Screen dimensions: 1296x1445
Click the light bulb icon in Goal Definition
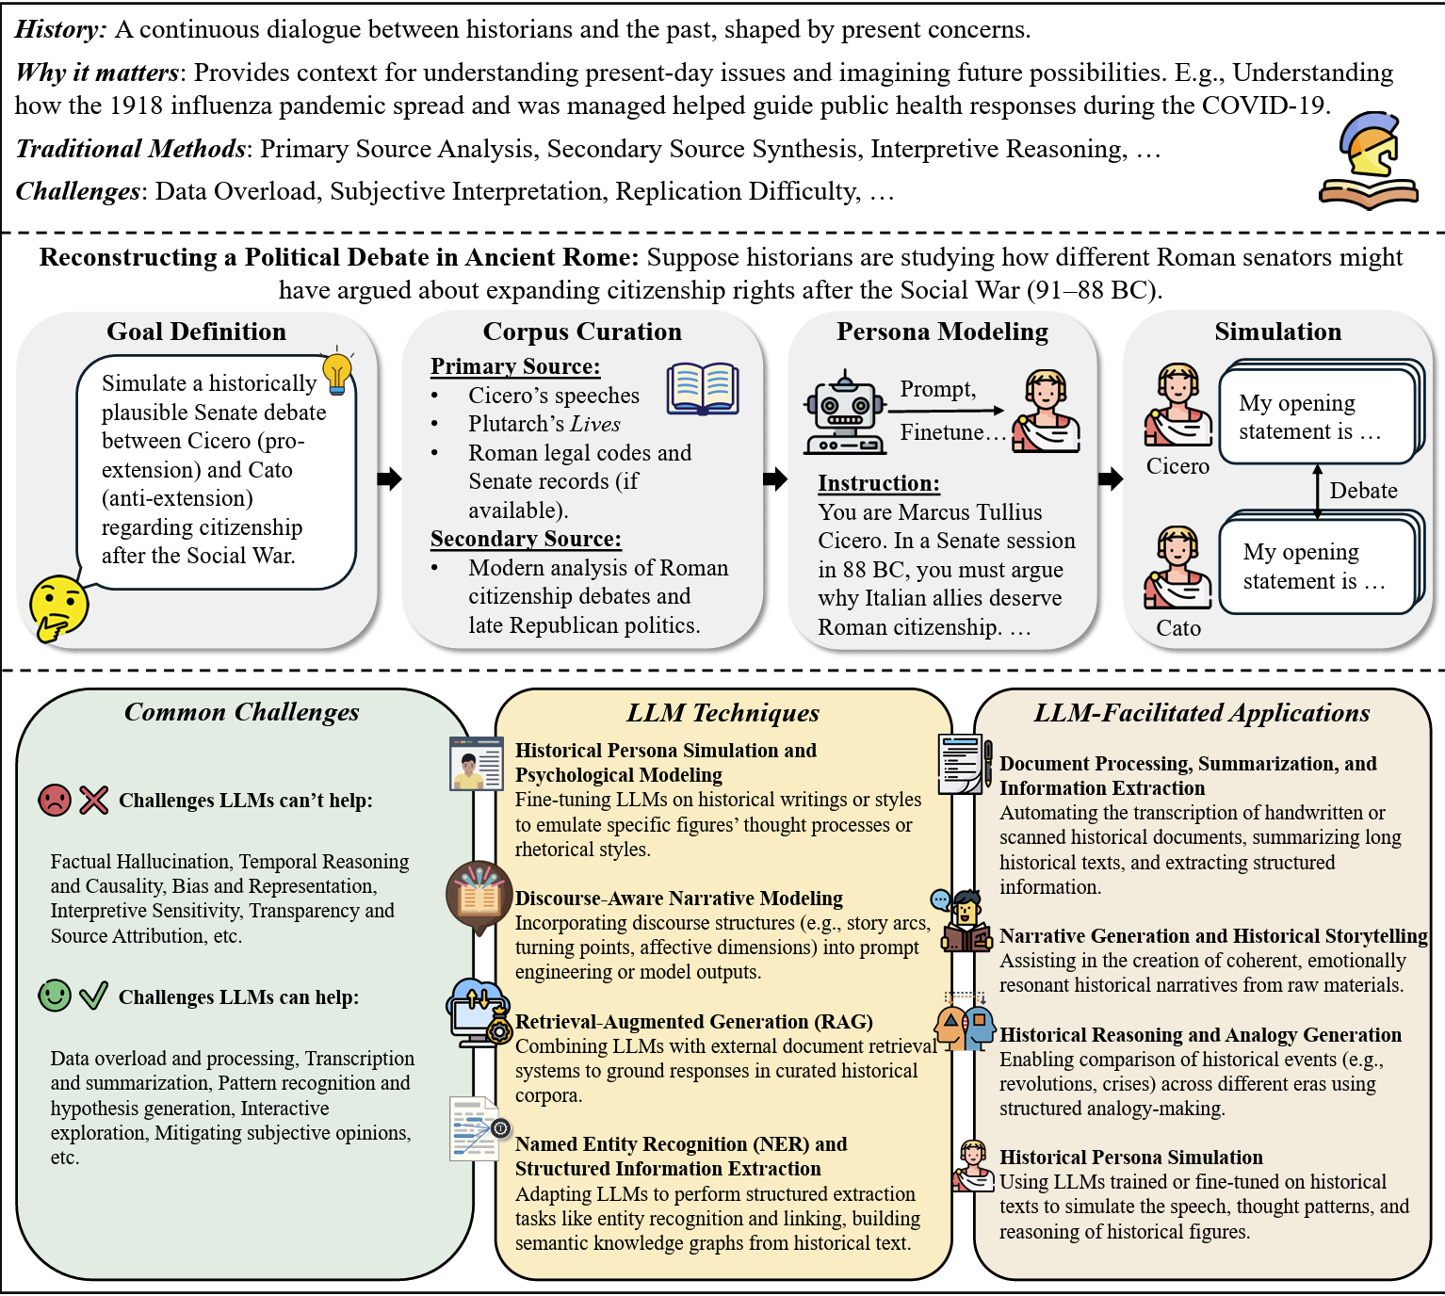coord(336,373)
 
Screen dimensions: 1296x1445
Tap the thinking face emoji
coord(58,607)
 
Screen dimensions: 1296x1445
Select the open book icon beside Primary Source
coord(703,389)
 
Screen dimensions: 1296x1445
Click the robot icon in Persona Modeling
coord(844,413)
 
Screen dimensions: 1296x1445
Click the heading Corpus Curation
coord(582,332)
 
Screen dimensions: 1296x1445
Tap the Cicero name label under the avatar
coord(1177,466)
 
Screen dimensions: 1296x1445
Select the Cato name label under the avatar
coord(1178,628)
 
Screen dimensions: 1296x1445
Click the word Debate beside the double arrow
coord(1363,491)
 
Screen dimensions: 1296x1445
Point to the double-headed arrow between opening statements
coord(1317,491)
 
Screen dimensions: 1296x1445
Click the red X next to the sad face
coord(93,801)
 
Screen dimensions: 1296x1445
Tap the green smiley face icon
coord(55,996)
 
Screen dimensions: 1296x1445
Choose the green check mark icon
coord(93,996)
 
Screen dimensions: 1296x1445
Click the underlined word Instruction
coord(878,483)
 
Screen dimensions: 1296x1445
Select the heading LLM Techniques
coord(722,713)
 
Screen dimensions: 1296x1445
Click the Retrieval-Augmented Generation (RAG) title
coord(693,1022)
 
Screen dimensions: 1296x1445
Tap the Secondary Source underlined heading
coord(526,539)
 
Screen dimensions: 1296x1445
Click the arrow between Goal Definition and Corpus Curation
coord(389,478)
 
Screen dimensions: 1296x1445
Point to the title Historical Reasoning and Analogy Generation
coord(1200,1035)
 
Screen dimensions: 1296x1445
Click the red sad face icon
coord(55,801)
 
